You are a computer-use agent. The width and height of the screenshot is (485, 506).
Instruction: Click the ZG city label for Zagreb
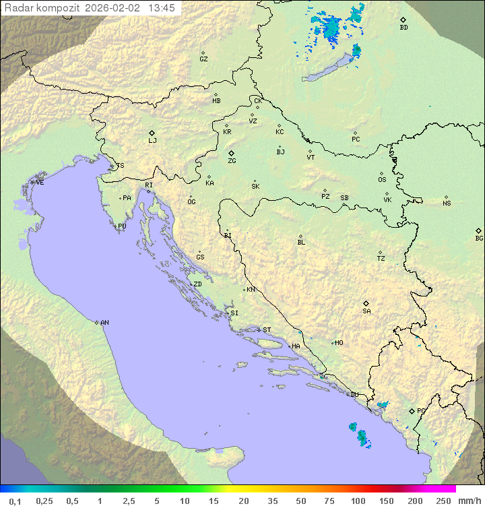coord(232,161)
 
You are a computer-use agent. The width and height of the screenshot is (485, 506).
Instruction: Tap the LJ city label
coord(152,141)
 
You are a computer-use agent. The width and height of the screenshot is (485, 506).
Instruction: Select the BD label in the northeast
coord(403,28)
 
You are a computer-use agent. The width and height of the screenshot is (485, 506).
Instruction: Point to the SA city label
coord(366,311)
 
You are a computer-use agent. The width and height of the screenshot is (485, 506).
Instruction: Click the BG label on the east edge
coord(479,238)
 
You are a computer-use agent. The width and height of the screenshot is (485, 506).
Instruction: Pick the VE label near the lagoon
coord(40,183)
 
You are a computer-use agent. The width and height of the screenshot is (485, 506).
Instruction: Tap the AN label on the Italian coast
coord(104,323)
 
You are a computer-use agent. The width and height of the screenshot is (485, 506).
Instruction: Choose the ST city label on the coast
coord(267,330)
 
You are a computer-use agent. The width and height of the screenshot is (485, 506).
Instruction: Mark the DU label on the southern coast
coord(354,395)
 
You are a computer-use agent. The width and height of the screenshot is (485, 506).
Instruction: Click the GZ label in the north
coord(203,59)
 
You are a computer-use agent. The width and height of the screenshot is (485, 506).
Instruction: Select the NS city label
coord(447,203)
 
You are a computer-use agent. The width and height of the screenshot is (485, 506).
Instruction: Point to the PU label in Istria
coord(122,226)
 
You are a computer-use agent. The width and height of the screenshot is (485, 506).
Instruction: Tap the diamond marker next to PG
coord(412,410)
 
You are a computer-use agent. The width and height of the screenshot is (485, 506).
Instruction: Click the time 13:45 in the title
coord(162,8)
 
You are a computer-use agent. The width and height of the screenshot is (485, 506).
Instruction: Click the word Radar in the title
coord(16,8)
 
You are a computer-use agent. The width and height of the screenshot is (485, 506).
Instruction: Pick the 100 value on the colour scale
coord(358,501)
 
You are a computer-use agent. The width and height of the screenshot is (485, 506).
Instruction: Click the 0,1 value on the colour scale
coord(15,501)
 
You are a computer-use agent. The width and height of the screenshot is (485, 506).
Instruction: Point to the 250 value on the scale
coord(443,501)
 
